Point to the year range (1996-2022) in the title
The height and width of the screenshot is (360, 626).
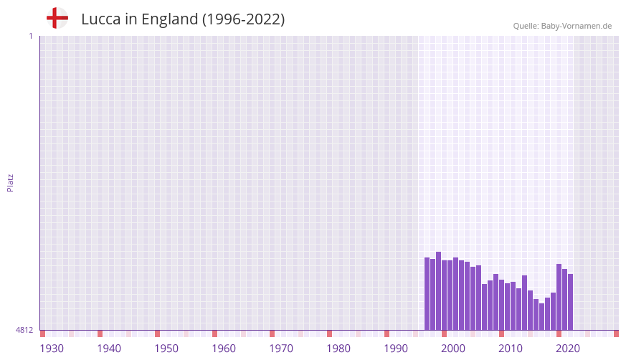click(x=243, y=19)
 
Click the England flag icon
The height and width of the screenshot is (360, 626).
click(x=57, y=18)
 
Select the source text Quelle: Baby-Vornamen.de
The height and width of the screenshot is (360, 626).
click(x=562, y=26)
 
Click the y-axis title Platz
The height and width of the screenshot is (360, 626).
click(x=10, y=182)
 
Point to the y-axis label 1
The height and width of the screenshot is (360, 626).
click(x=30, y=36)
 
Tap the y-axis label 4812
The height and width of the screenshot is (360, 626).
click(x=24, y=330)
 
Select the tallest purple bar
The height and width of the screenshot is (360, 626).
click(x=439, y=290)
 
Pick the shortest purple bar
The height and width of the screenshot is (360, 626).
click(x=542, y=316)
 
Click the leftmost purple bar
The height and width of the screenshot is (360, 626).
click(x=427, y=293)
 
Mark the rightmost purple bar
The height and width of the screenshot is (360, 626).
click(x=571, y=302)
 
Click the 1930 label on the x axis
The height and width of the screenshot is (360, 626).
click(x=52, y=349)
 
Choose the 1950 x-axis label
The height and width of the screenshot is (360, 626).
click(x=166, y=349)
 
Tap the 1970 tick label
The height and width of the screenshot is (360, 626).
click(x=281, y=349)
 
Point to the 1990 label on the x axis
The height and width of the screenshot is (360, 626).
click(x=396, y=349)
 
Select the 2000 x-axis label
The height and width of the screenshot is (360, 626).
click(x=453, y=349)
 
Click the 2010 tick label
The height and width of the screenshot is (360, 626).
click(x=511, y=349)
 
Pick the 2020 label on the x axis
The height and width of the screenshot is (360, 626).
click(x=568, y=349)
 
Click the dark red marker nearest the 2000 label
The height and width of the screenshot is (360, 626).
click(x=445, y=333)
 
